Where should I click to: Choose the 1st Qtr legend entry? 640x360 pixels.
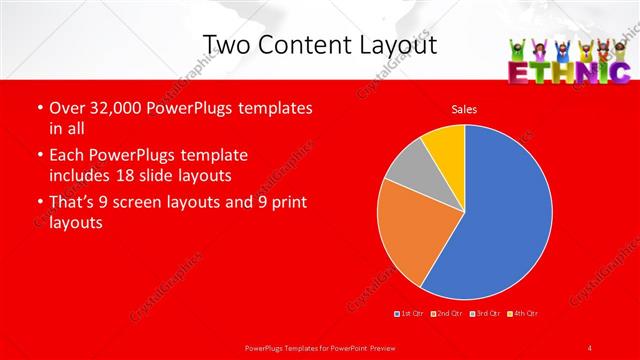[410, 314]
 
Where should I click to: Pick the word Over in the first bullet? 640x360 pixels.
[66, 108]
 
